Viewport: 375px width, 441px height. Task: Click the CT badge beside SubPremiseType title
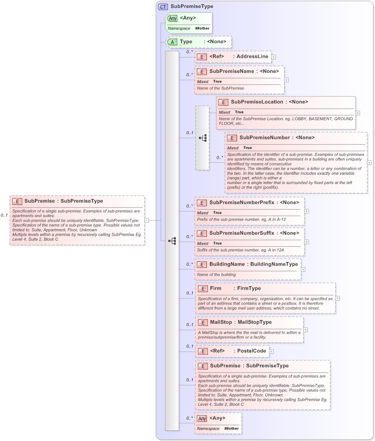163,6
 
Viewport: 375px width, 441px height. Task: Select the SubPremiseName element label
231,71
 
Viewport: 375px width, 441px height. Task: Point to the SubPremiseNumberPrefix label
242,202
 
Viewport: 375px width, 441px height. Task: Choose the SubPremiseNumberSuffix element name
241,233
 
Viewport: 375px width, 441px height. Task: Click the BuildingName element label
227,264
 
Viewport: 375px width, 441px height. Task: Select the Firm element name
215,288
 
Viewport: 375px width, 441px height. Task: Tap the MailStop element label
221,322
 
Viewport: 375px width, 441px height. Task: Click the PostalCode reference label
251,351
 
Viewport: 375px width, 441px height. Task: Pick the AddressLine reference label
252,57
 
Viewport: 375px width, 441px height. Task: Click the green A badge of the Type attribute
172,42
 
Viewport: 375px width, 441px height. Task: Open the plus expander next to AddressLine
274,57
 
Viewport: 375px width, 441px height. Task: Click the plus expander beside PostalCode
272,352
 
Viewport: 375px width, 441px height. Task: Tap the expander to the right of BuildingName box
303,269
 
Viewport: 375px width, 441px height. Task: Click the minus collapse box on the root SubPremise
147,220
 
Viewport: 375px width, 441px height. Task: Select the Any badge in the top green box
172,19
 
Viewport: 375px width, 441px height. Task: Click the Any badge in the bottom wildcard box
202,418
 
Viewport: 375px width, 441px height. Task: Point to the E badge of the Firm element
202,289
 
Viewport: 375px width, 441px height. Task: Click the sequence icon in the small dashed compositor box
202,138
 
